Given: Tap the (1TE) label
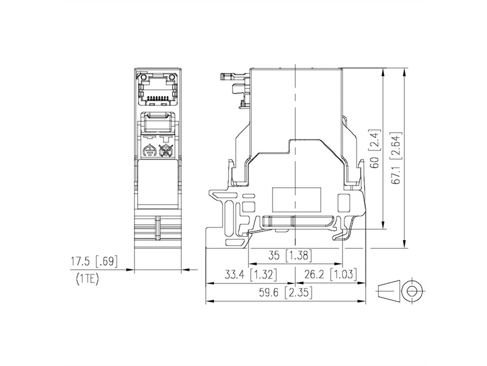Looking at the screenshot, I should point(87,279).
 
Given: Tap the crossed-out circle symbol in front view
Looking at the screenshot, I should point(165,151).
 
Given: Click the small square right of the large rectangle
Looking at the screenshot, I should point(344,201).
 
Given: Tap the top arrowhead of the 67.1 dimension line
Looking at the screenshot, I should point(405,72).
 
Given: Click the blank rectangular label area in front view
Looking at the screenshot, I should point(158,183).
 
